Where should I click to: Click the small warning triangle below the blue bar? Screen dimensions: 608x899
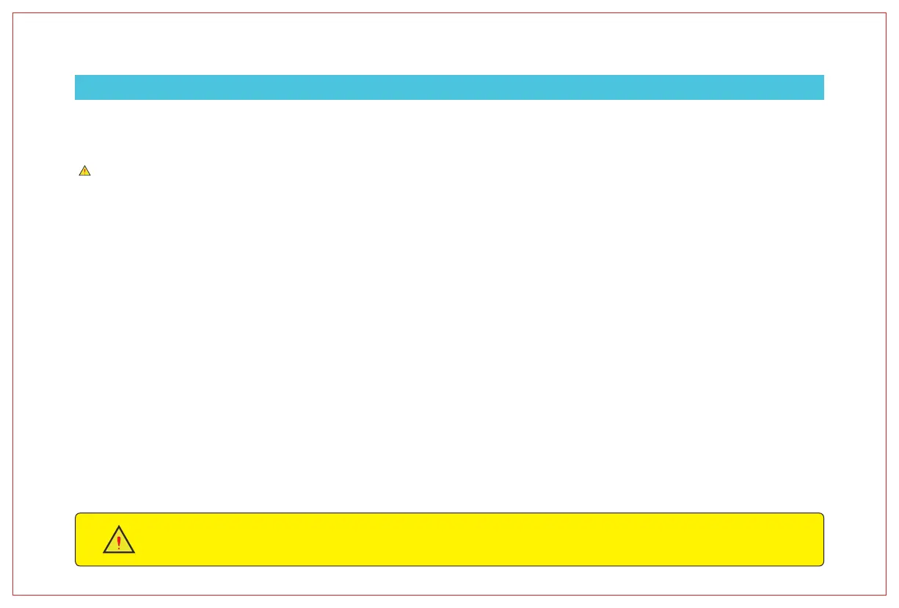(84, 171)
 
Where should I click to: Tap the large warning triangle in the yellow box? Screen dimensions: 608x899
(119, 541)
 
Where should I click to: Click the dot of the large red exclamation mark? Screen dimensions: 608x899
(119, 549)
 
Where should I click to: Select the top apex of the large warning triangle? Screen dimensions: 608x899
(119, 526)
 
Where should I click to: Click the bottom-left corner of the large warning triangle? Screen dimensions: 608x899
(103, 552)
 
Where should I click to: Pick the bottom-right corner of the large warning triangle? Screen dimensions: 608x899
(134, 552)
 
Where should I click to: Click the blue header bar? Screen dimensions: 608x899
(449, 87)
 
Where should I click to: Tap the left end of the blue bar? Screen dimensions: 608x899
(76, 87)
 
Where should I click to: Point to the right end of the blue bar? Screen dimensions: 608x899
(823, 87)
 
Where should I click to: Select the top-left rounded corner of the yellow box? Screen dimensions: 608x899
(77, 515)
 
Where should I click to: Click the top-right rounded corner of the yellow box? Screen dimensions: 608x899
(822, 515)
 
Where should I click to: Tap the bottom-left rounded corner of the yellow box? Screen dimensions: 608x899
(77, 564)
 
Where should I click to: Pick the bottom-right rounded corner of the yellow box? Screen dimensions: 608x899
(822, 564)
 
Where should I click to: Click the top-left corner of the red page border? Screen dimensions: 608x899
(13, 13)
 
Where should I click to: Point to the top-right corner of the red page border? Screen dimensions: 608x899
(886, 13)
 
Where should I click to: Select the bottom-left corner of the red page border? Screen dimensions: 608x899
(13, 594)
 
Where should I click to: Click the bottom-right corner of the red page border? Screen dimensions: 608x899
(886, 594)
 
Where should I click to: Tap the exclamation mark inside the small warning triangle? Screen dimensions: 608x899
(84, 172)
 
